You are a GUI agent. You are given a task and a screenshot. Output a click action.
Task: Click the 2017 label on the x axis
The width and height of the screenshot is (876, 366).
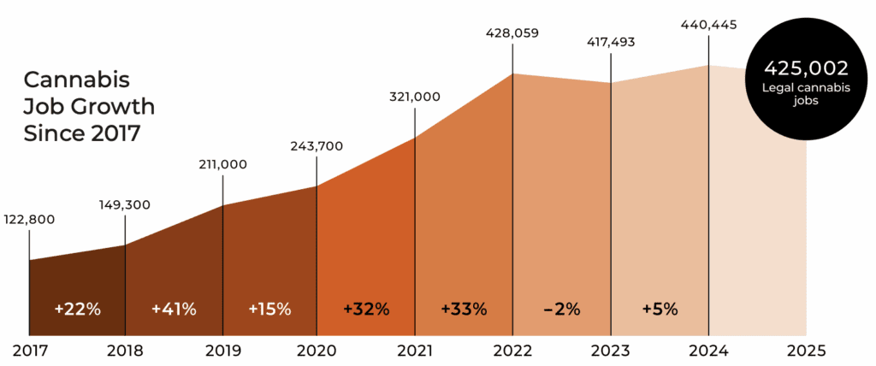29,350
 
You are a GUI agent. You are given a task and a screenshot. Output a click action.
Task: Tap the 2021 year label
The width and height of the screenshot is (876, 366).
416,350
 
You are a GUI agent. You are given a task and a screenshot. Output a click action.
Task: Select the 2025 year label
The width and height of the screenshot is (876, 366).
805,350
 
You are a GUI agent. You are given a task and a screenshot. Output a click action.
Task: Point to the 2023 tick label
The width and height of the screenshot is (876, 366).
611,350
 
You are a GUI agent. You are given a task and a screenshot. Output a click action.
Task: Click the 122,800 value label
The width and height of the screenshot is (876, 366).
30,219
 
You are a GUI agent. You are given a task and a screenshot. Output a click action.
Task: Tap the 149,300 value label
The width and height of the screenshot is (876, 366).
126,204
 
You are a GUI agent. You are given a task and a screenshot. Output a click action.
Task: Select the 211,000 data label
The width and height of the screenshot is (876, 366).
222,163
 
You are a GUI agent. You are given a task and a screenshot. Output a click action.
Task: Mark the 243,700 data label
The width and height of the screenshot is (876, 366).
317,146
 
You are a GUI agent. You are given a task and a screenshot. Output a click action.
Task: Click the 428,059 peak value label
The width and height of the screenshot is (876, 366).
512,33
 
